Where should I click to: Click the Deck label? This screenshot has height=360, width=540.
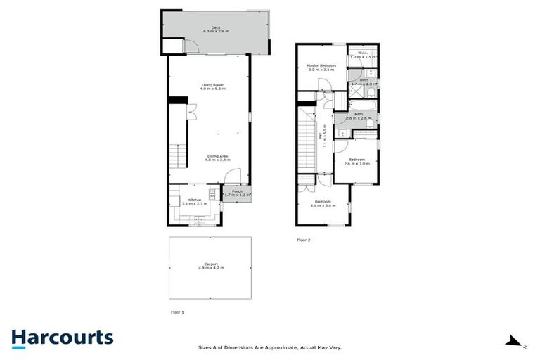point(216,30)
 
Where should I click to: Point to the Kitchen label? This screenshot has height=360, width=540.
point(192,201)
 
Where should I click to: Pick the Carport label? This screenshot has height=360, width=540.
point(211,266)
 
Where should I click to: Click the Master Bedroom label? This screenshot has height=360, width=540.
point(321,67)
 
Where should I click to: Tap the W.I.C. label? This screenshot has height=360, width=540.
point(363,54)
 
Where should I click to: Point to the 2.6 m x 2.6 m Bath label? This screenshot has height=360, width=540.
point(358,116)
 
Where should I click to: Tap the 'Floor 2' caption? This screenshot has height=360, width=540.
point(304,240)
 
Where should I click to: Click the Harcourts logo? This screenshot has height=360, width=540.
point(62,337)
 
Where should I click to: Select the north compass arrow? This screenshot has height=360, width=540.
point(513,342)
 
